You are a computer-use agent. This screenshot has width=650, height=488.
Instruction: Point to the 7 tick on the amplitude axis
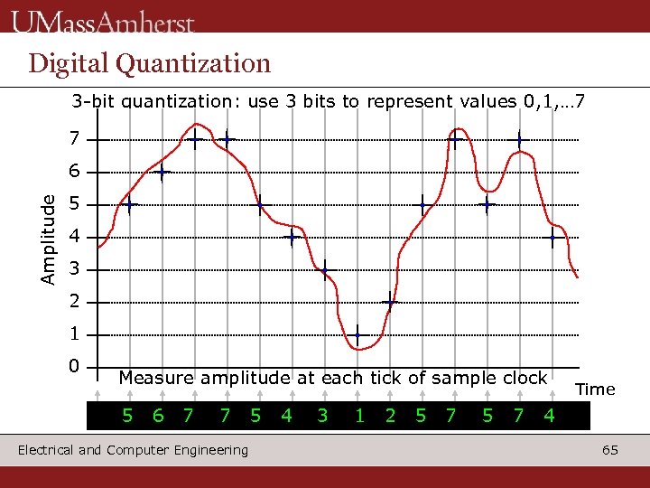pos(73,140)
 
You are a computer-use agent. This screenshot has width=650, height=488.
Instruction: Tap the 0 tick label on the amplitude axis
pos(73,366)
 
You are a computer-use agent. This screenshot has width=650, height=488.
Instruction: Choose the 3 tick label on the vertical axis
pos(73,269)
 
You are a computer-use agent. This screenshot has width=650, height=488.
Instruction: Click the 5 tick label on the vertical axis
pos(73,205)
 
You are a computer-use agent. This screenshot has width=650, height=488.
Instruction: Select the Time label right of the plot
pos(595,389)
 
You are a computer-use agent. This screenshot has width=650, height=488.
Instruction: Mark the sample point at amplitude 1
pos(357,335)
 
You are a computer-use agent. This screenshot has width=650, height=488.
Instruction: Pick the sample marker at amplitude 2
pos(389,303)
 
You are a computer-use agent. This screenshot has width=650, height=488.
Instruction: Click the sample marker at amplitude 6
pos(162,173)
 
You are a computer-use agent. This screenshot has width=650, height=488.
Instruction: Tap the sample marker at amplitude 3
pos(325,270)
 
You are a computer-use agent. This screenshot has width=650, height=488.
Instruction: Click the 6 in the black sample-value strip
pos(158,416)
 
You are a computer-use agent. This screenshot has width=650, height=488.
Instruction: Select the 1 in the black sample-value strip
pos(359,416)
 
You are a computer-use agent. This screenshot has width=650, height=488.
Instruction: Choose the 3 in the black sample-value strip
pos(322,416)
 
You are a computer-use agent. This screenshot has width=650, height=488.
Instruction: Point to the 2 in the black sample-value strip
pos(390,416)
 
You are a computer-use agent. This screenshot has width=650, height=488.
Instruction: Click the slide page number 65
pos(610,450)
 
